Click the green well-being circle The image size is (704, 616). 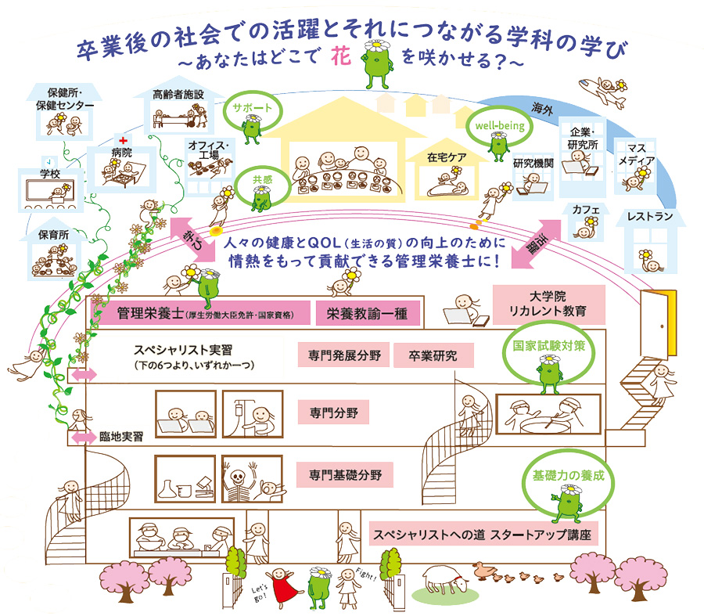coord(492,124)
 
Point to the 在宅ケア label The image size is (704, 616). coord(447,157)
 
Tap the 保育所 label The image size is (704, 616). coord(52,234)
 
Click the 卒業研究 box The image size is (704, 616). coord(433,355)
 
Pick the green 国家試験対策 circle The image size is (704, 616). coord(548,344)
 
